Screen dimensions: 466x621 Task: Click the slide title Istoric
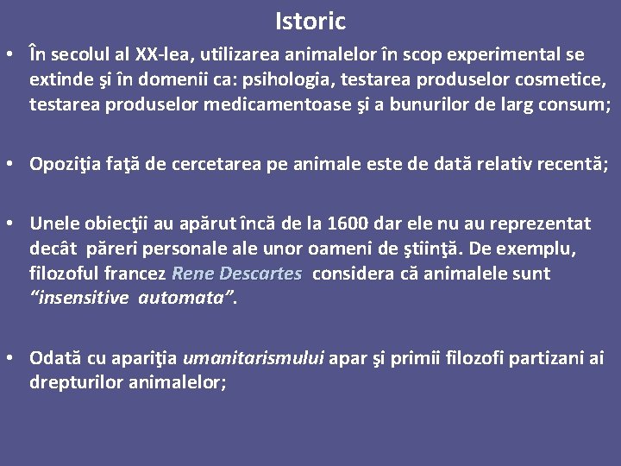[310, 21]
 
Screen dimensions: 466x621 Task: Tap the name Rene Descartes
[237, 274]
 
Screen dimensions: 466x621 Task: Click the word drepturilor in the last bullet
[75, 382]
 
